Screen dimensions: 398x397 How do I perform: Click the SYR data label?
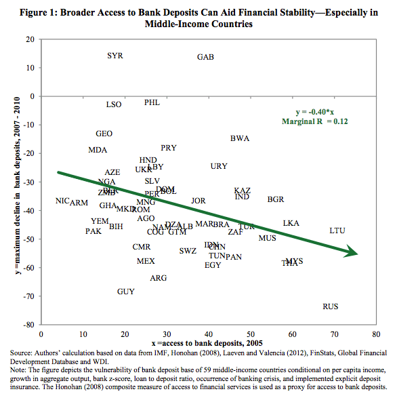point(115,56)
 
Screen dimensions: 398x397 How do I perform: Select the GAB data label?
point(205,57)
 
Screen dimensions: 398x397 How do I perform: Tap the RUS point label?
point(331,306)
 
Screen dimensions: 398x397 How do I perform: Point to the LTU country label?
point(337,231)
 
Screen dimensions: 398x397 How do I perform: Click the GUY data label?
point(125,292)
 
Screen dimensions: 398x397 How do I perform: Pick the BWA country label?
point(240,138)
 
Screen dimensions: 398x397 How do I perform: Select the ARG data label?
point(158,278)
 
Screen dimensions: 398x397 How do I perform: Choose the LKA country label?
point(291,223)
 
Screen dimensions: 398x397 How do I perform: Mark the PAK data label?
point(93,232)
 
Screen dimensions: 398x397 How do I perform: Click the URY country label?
point(219,166)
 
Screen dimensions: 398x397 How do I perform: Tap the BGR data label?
point(276,199)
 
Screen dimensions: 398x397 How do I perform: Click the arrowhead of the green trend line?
point(354,253)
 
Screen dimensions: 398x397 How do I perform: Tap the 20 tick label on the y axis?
point(30,39)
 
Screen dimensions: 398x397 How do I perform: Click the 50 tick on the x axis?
point(251,334)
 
